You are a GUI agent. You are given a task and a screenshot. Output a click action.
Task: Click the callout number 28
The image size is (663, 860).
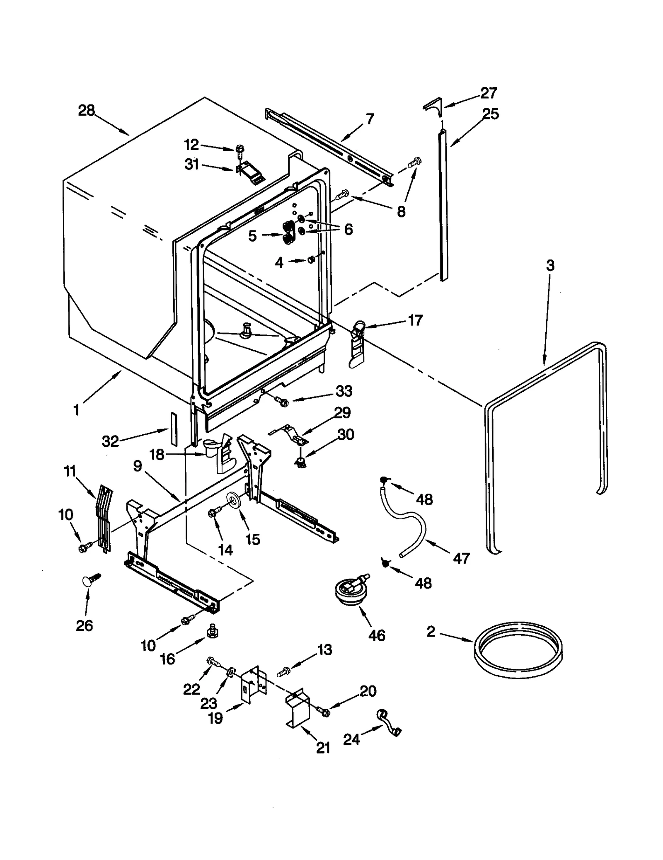tap(87, 111)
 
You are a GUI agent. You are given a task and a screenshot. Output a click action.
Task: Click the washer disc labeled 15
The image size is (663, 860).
tap(235, 500)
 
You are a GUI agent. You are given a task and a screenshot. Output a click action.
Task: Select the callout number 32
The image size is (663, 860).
tap(110, 441)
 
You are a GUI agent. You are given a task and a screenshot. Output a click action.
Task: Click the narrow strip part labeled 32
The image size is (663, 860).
tap(174, 428)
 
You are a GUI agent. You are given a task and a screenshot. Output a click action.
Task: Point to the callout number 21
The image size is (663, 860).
tap(323, 748)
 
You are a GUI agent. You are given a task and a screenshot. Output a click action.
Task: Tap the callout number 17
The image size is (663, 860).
tap(415, 320)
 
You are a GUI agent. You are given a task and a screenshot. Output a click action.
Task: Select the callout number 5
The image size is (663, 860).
tap(252, 236)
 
